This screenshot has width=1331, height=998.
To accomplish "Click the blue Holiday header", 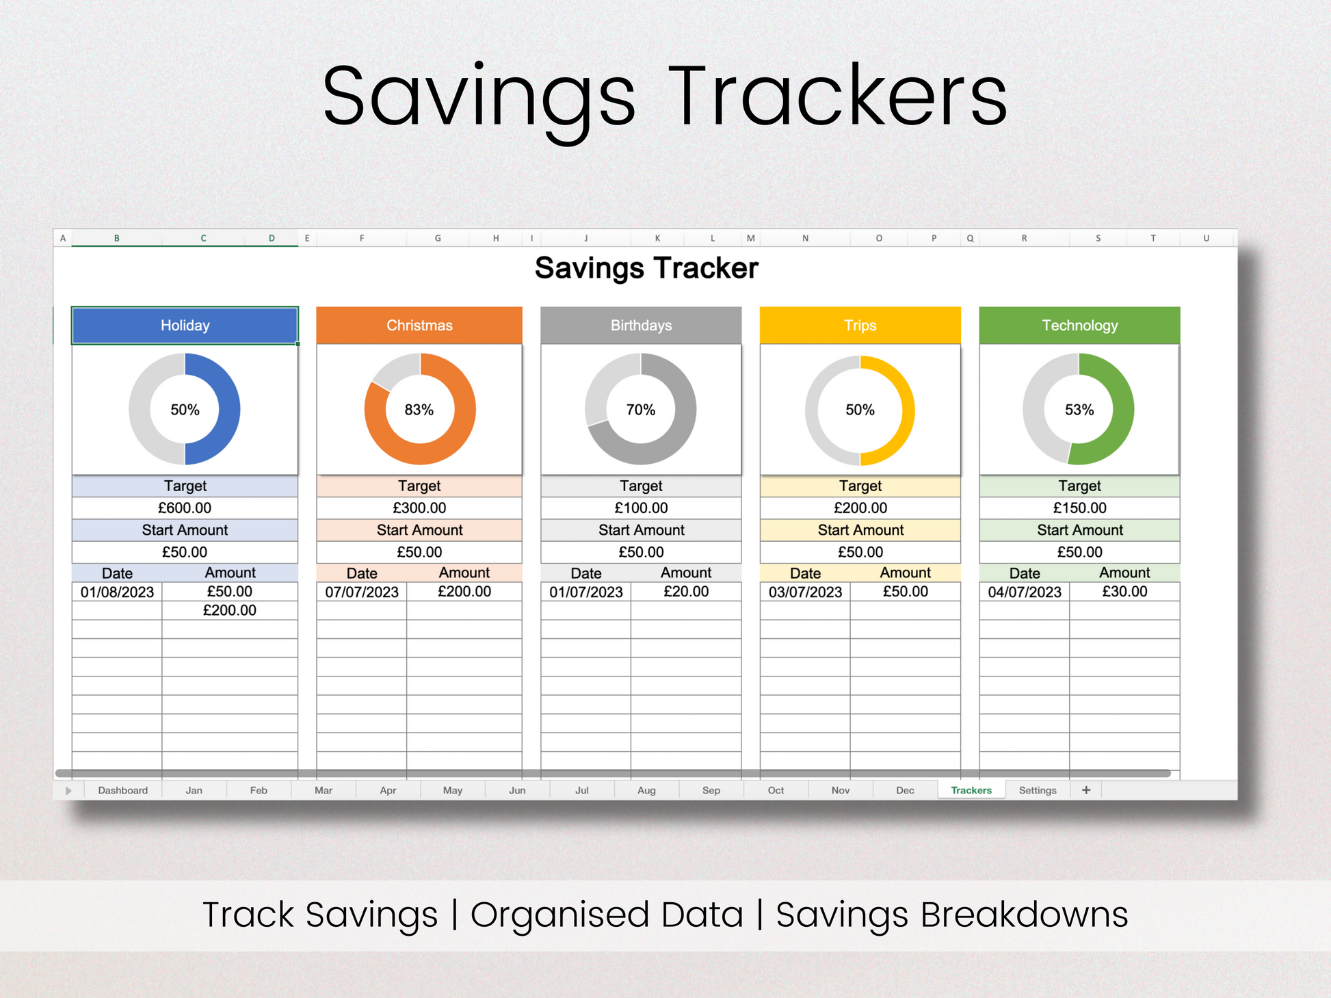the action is tap(185, 326).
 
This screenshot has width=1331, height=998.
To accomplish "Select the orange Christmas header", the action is tap(419, 326).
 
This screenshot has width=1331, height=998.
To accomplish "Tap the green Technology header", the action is tap(1079, 326).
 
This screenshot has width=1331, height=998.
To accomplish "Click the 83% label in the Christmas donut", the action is tap(419, 410).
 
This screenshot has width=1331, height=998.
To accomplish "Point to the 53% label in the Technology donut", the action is tap(1079, 410).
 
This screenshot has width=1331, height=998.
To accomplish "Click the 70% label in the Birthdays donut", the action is tap(641, 410).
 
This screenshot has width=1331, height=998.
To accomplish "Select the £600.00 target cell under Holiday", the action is tap(185, 508).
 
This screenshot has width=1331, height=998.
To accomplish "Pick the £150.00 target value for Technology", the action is tap(1079, 508).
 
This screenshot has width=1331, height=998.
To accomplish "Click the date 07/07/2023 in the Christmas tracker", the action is tap(362, 592).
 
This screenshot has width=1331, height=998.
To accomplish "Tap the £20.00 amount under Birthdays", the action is tap(686, 592).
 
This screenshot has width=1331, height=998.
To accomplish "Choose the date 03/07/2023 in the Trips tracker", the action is tap(805, 592).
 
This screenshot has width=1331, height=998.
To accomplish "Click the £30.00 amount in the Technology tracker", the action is tap(1124, 592).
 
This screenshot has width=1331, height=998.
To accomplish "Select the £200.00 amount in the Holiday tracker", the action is tap(230, 610).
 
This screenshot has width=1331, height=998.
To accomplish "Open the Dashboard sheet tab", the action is tap(123, 790).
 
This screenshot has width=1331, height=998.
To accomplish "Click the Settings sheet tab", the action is tap(1038, 790).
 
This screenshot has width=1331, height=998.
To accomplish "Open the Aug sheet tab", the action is tap(646, 790).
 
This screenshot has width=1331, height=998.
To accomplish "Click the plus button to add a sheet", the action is tap(1086, 790).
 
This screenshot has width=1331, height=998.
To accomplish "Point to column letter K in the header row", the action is tap(657, 238).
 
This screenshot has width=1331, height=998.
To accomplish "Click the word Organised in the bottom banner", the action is tap(607, 915).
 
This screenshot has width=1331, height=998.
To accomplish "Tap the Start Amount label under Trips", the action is tap(860, 530).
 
